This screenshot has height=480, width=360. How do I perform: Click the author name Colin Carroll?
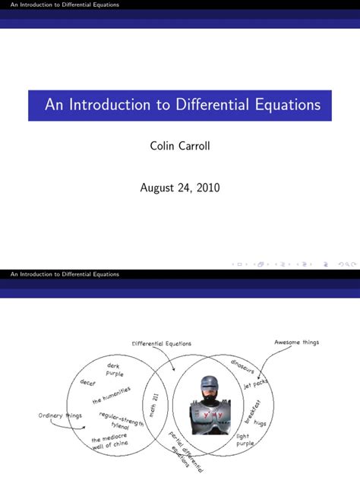click(179, 145)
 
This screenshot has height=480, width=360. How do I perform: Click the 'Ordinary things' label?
click(60, 415)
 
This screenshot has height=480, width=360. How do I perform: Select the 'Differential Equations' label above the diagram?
click(162, 343)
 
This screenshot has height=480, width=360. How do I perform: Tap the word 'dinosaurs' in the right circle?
click(247, 366)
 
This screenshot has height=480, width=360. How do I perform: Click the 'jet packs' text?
click(256, 384)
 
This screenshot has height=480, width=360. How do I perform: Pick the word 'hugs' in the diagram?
click(261, 422)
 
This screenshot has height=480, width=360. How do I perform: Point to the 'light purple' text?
click(245, 440)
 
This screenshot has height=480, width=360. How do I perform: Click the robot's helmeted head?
click(207, 387)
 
